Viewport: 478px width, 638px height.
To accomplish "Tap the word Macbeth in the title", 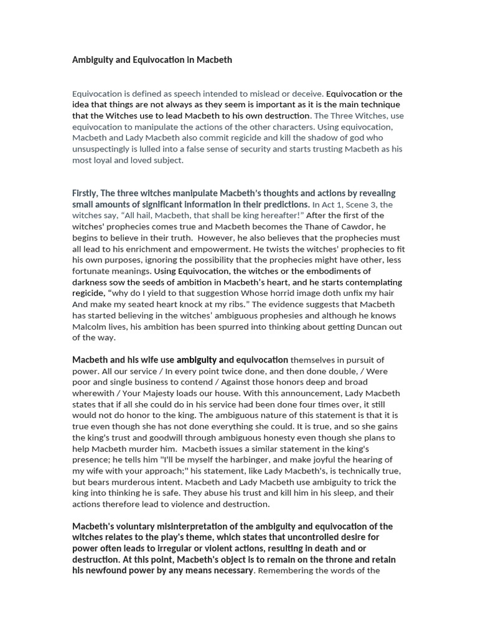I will (214, 60).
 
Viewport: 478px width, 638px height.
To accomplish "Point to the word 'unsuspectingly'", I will (103, 148).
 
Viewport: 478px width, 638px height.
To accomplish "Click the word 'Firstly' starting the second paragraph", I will (85, 193).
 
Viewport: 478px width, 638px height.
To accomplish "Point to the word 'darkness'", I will (91, 283).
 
